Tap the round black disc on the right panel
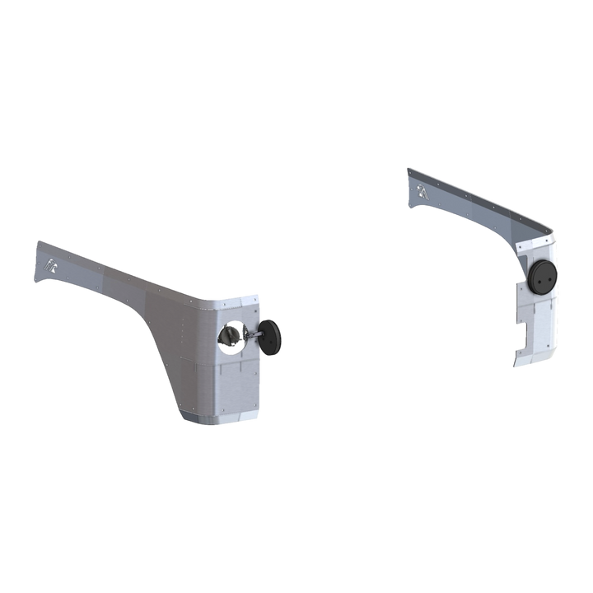544,278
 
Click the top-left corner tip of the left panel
35,240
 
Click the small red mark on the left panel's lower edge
259,409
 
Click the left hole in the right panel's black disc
538,278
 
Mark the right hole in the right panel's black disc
550,278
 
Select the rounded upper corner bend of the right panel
550,239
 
